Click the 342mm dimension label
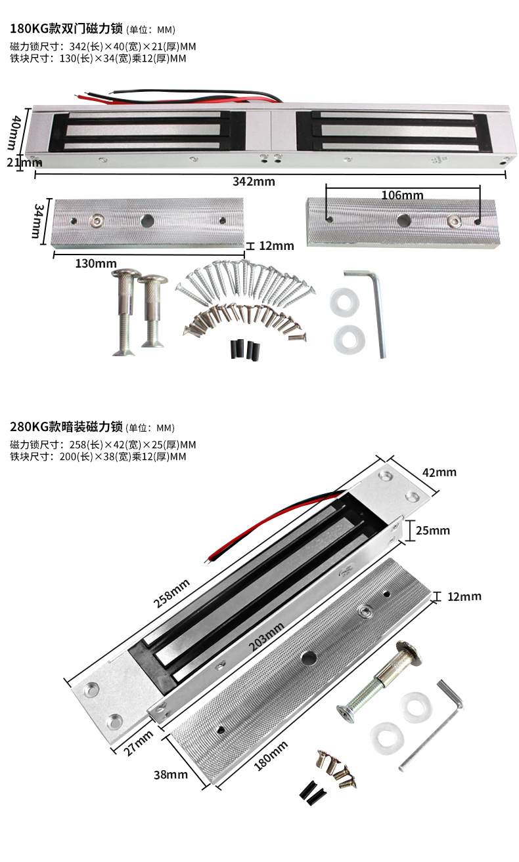click(254, 182)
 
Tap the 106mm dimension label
click(402, 195)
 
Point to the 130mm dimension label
click(95, 263)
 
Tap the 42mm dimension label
click(440, 472)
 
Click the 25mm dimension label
click(434, 530)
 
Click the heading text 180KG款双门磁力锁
click(66, 29)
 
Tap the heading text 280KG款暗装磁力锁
click(66, 427)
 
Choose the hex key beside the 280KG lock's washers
click(434, 722)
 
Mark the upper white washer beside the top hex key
click(342, 300)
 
